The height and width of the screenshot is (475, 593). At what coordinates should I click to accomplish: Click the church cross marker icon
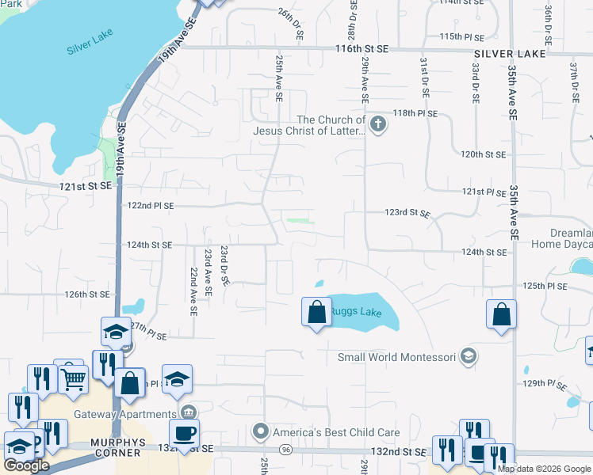click(x=378, y=123)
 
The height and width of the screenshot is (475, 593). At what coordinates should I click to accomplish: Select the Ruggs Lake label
click(x=356, y=313)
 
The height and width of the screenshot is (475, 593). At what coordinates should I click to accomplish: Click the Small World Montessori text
click(x=396, y=357)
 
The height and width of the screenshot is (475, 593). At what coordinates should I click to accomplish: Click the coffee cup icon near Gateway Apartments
click(x=185, y=432)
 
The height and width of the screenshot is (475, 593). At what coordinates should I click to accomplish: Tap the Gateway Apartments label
click(x=125, y=414)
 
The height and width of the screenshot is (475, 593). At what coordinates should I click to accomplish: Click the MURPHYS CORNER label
click(x=105, y=454)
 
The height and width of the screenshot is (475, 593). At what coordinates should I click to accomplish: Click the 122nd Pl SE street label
click(x=151, y=205)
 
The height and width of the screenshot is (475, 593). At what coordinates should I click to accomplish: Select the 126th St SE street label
click(x=86, y=294)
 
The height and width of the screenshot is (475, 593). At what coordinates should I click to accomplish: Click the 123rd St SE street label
click(x=407, y=214)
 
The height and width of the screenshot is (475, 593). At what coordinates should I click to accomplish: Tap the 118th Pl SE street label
click(x=417, y=114)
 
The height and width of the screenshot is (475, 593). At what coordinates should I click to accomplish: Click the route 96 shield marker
click(x=285, y=448)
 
